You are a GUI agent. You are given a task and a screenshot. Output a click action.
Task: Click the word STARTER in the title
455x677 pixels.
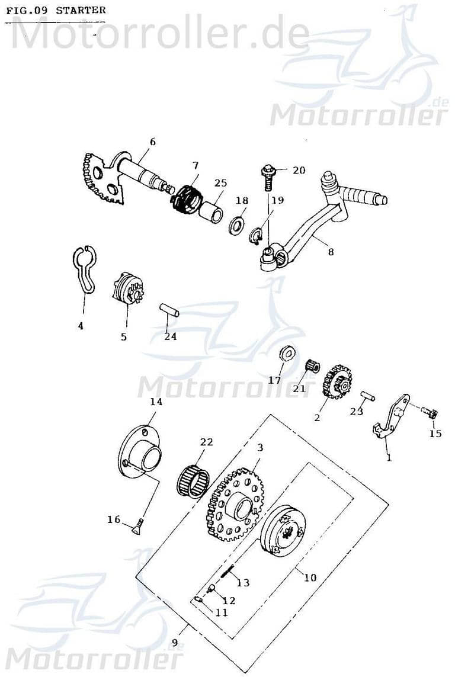pyautogui.click(x=81, y=10)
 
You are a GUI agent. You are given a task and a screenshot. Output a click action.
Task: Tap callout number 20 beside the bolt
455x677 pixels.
pyautogui.click(x=299, y=170)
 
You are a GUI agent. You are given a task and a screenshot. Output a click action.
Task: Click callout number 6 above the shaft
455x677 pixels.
pyautogui.click(x=152, y=142)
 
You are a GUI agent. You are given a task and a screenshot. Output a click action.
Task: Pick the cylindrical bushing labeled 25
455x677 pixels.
pyautogui.click(x=212, y=210)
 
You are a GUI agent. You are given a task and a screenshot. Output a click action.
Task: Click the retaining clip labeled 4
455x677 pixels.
pyautogui.click(x=85, y=270)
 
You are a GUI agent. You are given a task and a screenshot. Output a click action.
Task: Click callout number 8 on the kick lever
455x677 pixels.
pyautogui.click(x=331, y=251)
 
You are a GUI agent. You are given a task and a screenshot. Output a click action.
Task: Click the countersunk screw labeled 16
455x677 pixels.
pyautogui.click(x=137, y=527)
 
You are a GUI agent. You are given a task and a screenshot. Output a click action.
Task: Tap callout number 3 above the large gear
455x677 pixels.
pyautogui.click(x=260, y=448)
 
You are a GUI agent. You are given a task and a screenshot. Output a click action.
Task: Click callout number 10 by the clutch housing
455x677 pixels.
pyautogui.click(x=310, y=577)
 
